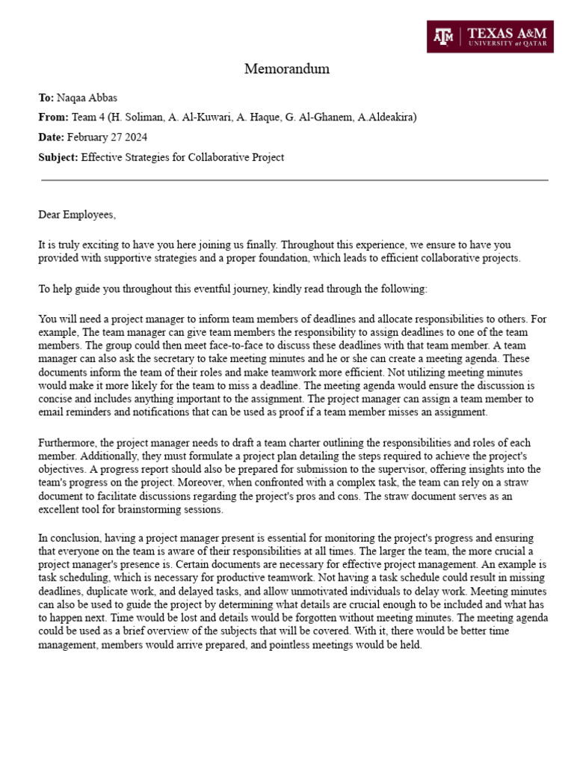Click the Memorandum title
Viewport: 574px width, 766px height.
point(287,70)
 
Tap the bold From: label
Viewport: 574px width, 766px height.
point(53,117)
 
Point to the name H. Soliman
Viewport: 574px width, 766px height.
point(135,117)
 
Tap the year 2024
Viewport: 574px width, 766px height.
point(136,138)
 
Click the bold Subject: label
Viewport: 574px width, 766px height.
point(58,157)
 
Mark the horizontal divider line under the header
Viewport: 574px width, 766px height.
point(294,180)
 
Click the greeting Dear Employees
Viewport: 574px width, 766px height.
point(78,215)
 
